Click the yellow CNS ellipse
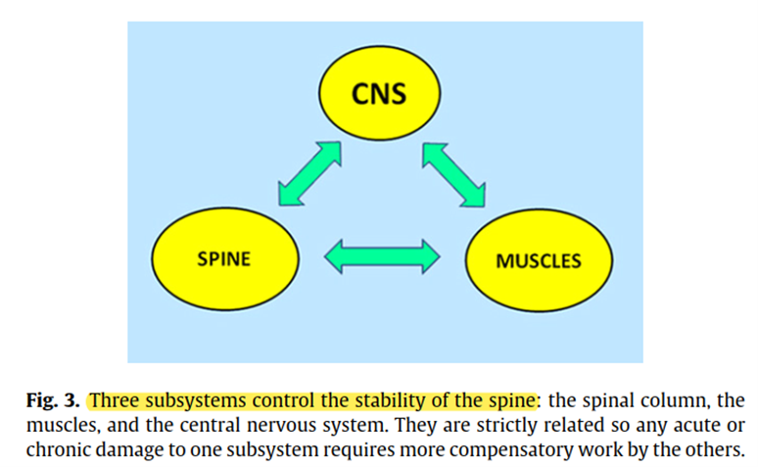click(x=379, y=93)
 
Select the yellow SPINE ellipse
click(x=225, y=259)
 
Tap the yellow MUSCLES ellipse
click(x=539, y=260)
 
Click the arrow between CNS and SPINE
click(x=309, y=173)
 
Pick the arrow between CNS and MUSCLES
click(x=454, y=174)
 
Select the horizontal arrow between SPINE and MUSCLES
click(x=382, y=257)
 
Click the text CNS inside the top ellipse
click(x=379, y=94)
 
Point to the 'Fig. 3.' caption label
click(x=53, y=400)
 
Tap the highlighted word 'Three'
click(x=115, y=400)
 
